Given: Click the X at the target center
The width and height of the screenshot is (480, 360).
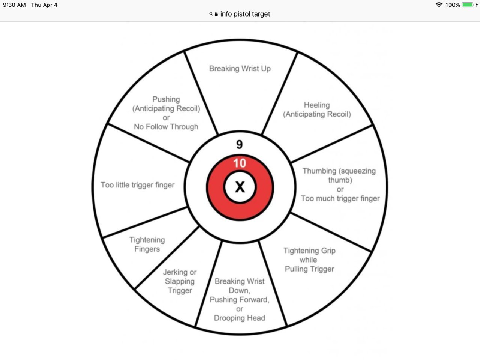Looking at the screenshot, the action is pos(240,187).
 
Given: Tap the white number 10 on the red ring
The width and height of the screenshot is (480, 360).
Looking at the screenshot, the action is pos(240,163).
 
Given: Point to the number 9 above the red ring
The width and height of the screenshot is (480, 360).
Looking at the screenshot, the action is pos(240,144).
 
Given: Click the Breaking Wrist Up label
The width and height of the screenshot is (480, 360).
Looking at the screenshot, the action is pos(240,68).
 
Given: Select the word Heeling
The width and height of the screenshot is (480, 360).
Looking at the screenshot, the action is pos(317,105).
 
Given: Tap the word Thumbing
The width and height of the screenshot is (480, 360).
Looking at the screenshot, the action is pos(319,171).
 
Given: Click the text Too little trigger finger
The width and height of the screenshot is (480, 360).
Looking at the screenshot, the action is pos(137,185).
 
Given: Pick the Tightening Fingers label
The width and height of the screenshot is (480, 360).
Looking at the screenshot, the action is pos(147,244).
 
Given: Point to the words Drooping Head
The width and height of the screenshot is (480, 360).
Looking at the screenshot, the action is pos(240,318).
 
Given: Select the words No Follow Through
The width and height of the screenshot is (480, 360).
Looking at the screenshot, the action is pos(166,127).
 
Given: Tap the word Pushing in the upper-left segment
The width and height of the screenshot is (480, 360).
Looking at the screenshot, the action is pos(166,99).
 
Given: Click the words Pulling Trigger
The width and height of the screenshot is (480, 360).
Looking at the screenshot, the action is pos(309,269).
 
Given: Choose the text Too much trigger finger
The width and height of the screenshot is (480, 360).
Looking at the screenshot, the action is pos(340,198).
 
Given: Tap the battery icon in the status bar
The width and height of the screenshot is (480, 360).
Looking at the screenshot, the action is pos(468,5).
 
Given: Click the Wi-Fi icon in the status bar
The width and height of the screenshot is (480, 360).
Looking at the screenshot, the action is pos(439,5).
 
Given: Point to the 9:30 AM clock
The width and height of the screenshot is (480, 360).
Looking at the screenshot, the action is pos(14,5).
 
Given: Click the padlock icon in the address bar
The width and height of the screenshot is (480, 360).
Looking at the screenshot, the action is pos(216,14).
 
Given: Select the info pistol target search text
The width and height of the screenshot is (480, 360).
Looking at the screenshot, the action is pos(245,14).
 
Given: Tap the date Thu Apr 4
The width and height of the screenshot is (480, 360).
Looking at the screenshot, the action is pos(44,5).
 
